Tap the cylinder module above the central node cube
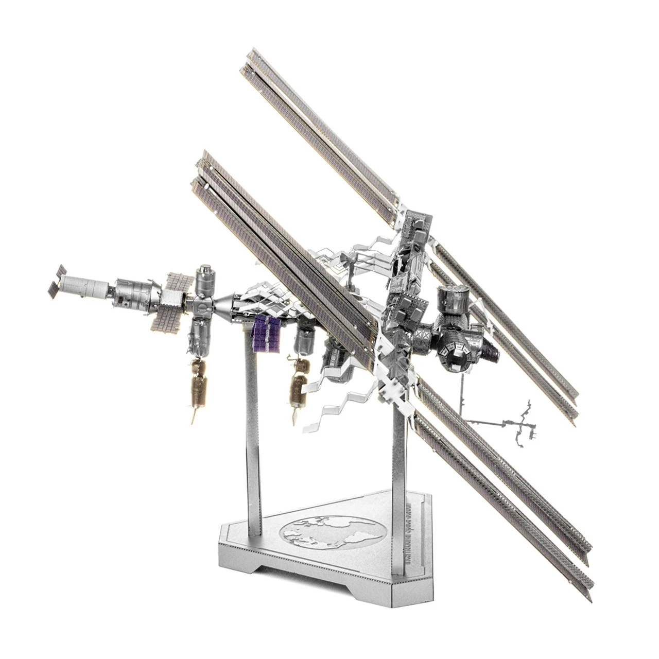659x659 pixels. click(205, 280)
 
